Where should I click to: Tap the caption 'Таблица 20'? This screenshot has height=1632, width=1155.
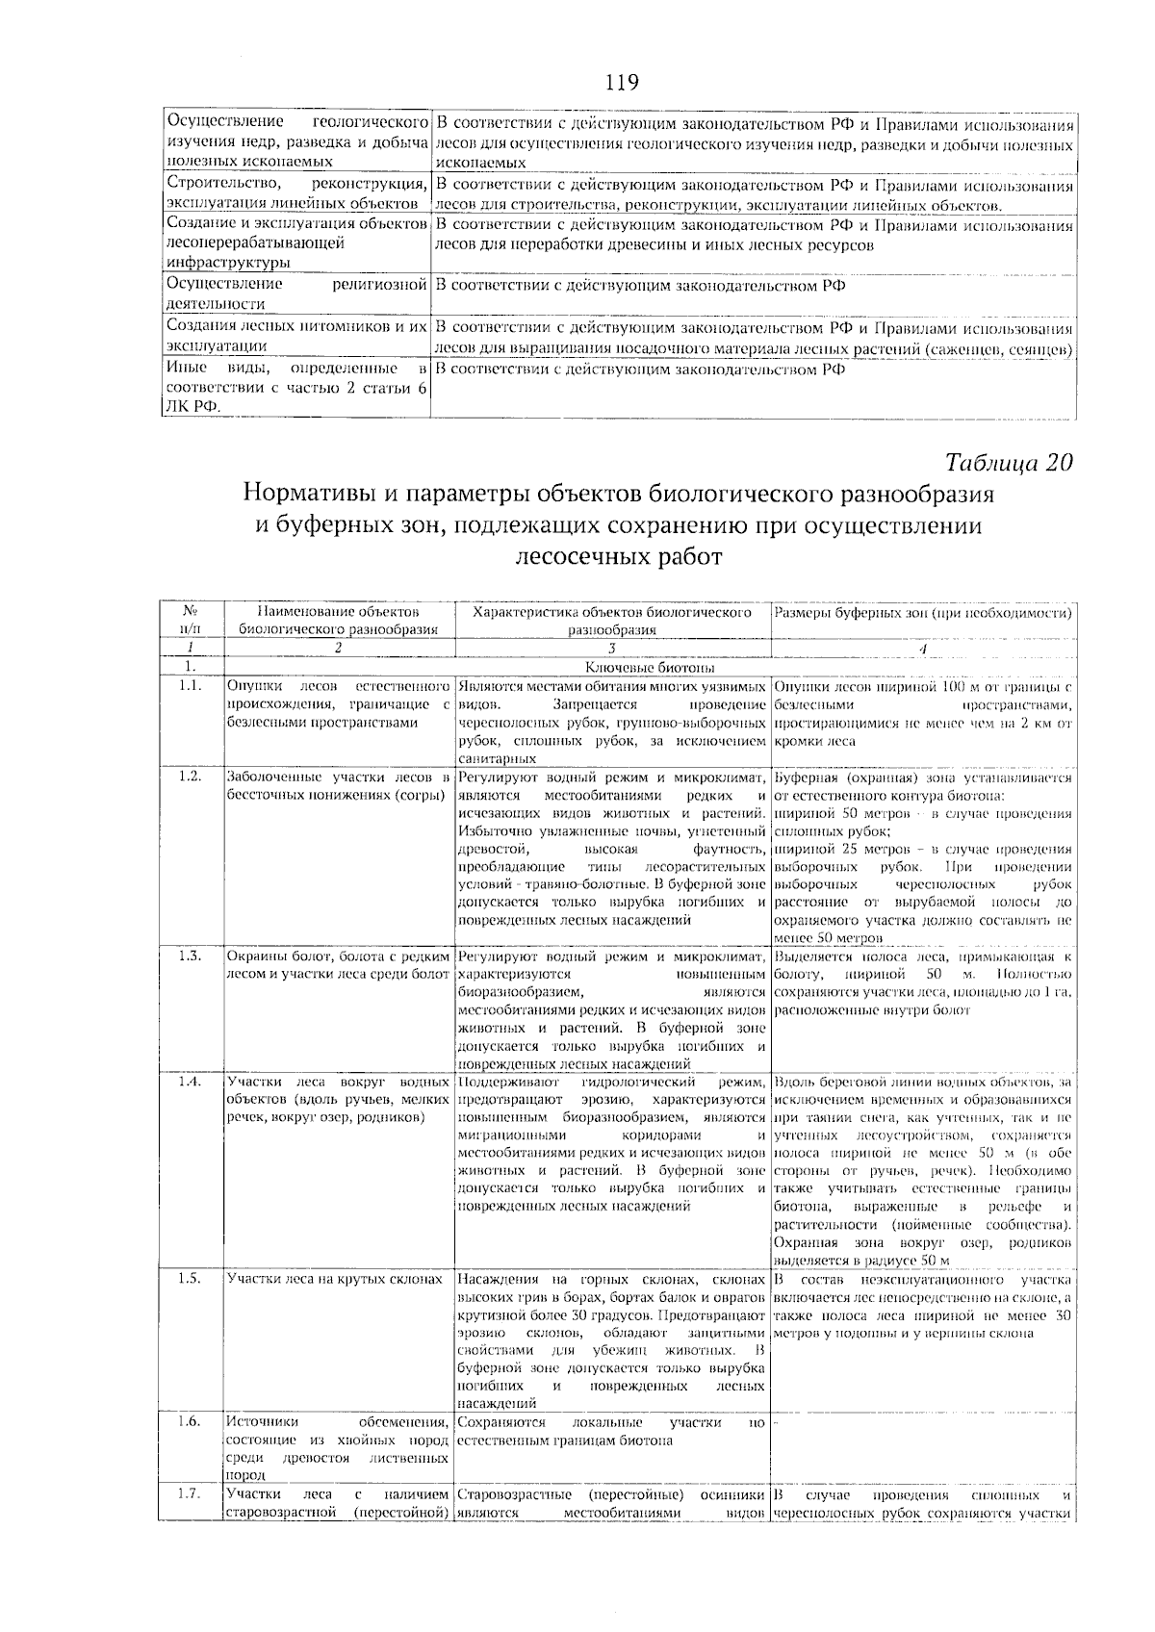(x=1009, y=462)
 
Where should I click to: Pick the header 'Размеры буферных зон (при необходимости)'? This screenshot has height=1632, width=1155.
(x=923, y=612)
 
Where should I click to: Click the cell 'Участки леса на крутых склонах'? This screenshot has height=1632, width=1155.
(x=334, y=1280)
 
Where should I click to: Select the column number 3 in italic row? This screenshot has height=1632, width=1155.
(x=612, y=649)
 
